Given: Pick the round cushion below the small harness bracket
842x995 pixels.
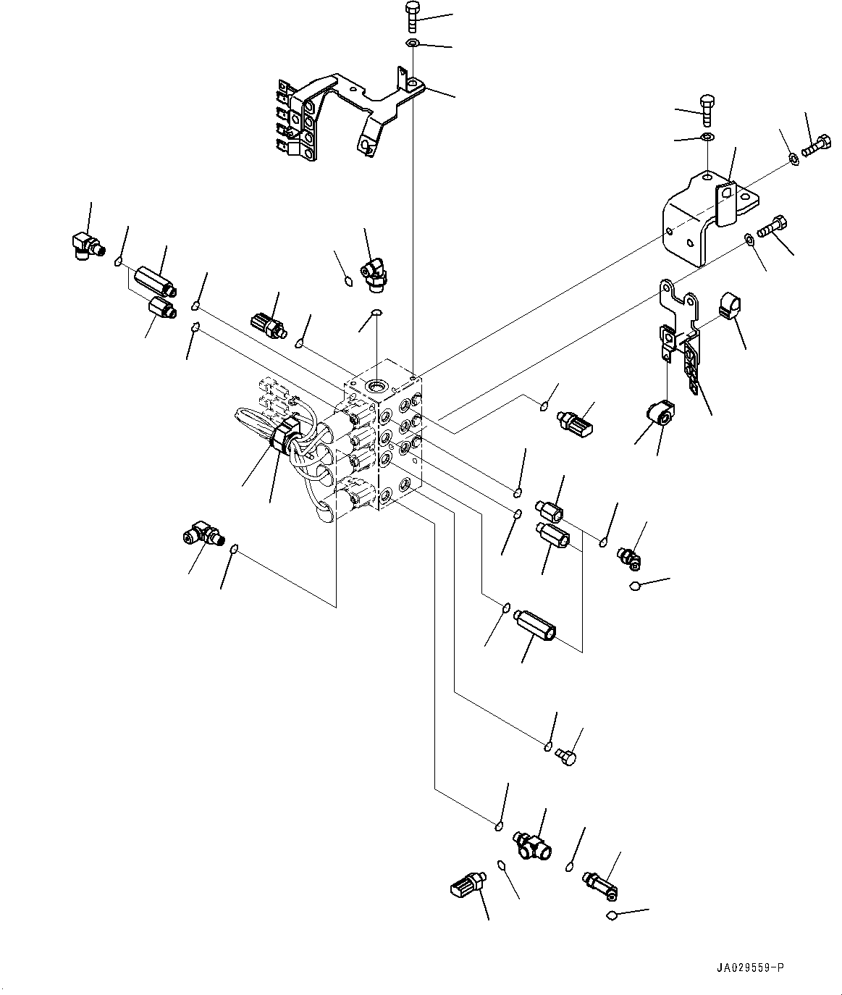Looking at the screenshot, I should [662, 413].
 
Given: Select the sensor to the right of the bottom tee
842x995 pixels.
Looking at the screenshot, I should [599, 881].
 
